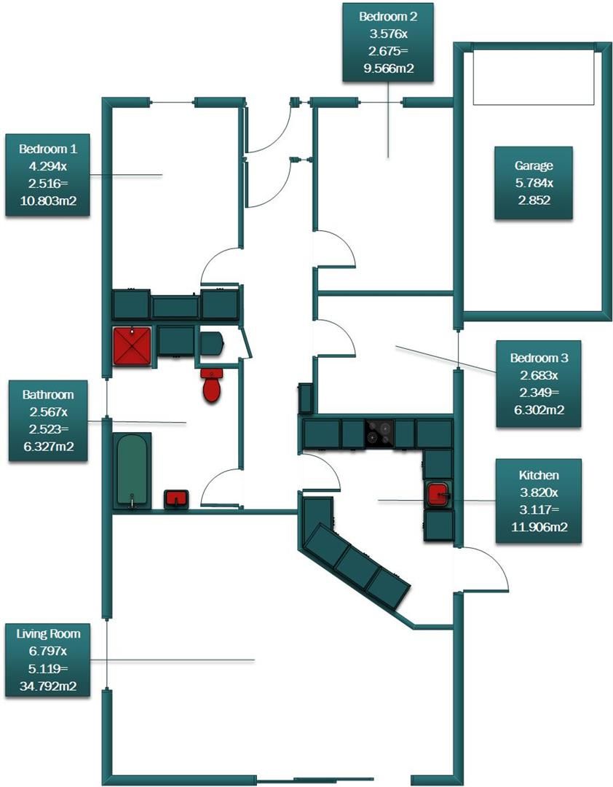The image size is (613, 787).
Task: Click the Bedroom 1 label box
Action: coord(47,176)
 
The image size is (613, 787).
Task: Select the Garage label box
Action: coord(533,183)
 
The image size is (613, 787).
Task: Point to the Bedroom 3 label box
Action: coord(539,384)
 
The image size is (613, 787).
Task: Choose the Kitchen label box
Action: coord(539,501)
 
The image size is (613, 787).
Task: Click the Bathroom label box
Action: coord(48,420)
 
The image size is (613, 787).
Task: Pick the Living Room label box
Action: coord(48,659)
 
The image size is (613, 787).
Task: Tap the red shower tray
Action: coord(132,345)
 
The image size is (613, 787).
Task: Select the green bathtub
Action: coord(133,470)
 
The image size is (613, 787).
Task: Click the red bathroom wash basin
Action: coord(176,498)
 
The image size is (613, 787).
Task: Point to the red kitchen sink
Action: coord(438,493)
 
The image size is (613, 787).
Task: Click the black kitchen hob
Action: coord(379,432)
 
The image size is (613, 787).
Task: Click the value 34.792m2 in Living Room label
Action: coord(48,686)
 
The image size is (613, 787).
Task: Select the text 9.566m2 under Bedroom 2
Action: coord(388,69)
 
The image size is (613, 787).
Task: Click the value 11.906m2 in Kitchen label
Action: coord(539,528)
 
